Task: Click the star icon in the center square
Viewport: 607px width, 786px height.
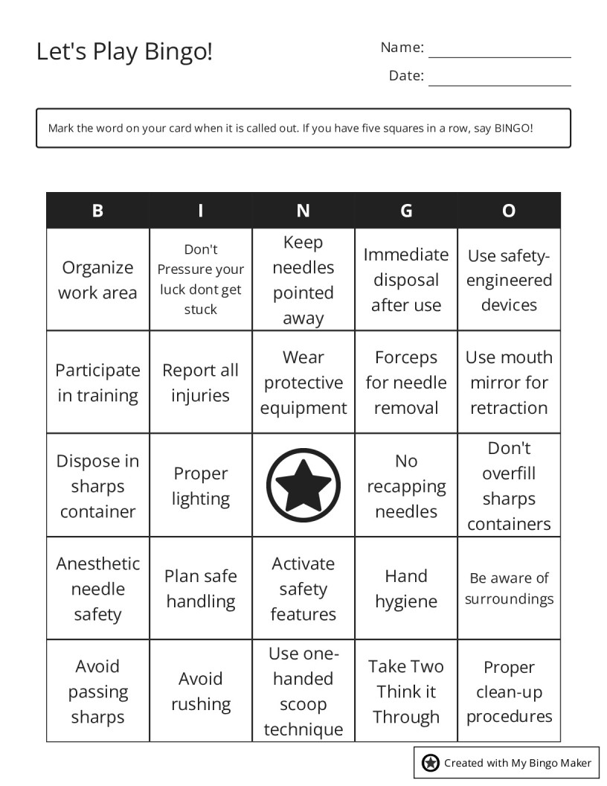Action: pyautogui.click(x=303, y=485)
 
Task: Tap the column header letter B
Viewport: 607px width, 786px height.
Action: pyautogui.click(x=97, y=211)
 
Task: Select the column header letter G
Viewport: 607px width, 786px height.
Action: pyautogui.click(x=406, y=211)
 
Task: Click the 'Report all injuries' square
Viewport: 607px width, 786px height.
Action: pyautogui.click(x=200, y=383)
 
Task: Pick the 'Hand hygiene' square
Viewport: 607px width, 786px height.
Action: pyautogui.click(x=406, y=588)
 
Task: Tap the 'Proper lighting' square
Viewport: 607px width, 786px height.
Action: pyautogui.click(x=200, y=485)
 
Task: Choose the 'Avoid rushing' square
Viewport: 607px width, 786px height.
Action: pyautogui.click(x=200, y=691)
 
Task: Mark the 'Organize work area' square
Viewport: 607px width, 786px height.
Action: pyautogui.click(x=97, y=280)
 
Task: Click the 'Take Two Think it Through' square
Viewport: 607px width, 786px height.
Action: pyautogui.click(x=406, y=691)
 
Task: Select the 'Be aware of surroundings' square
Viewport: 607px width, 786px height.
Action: pyautogui.click(x=509, y=588)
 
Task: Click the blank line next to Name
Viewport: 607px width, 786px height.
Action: pyautogui.click(x=499, y=51)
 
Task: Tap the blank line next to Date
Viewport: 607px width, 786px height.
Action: pyautogui.click(x=499, y=79)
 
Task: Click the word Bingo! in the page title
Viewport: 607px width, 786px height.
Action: pyautogui.click(x=179, y=52)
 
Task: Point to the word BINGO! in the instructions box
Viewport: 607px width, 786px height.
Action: pyautogui.click(x=513, y=128)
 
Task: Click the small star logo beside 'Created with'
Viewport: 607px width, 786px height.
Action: pyautogui.click(x=430, y=762)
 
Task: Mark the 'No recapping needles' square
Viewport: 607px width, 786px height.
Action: pyautogui.click(x=406, y=485)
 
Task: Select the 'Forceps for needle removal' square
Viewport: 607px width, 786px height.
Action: pyautogui.click(x=406, y=383)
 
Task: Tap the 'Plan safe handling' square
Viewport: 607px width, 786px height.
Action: pyautogui.click(x=200, y=588)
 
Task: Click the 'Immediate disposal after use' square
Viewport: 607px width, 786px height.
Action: pyautogui.click(x=406, y=280)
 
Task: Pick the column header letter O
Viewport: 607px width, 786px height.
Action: pyautogui.click(x=509, y=211)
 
